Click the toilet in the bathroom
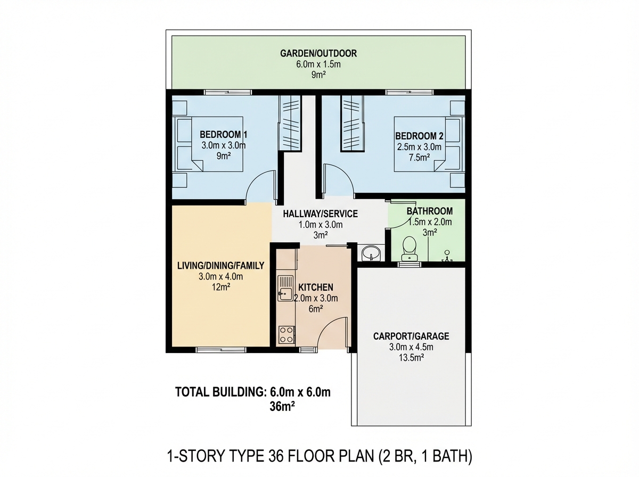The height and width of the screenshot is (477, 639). pyautogui.click(x=409, y=247)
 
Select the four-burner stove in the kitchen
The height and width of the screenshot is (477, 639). pyautogui.click(x=286, y=334)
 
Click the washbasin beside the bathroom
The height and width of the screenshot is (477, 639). pyautogui.click(x=371, y=253)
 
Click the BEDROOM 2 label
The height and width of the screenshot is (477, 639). pyautogui.click(x=419, y=136)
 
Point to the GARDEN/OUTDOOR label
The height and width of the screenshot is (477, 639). pyautogui.click(x=318, y=53)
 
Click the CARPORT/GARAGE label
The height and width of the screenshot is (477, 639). pyautogui.click(x=411, y=336)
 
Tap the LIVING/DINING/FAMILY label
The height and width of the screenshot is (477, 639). pyautogui.click(x=220, y=265)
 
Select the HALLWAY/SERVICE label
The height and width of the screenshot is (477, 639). pyautogui.click(x=320, y=214)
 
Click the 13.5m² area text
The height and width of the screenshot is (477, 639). pyautogui.click(x=411, y=358)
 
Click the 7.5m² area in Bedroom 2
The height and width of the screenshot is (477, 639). pyautogui.click(x=419, y=158)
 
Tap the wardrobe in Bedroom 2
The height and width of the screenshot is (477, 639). pyautogui.click(x=351, y=122)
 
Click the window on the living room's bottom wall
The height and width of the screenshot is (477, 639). pyautogui.click(x=221, y=350)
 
